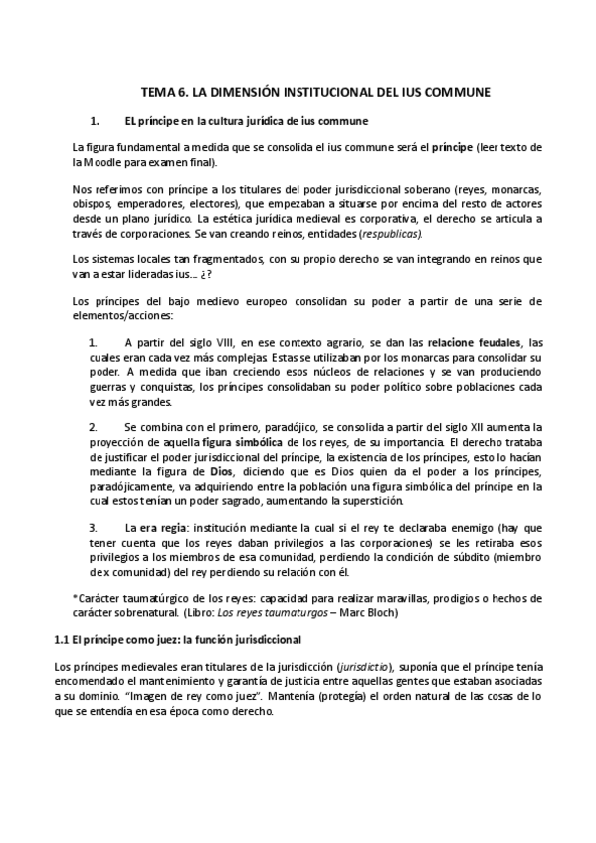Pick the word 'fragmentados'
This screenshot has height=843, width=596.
click(x=208, y=259)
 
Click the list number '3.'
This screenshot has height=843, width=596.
click(x=95, y=526)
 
